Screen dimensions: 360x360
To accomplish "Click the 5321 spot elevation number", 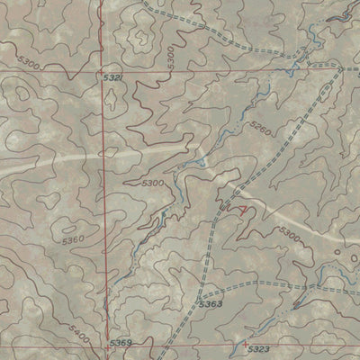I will (x=112, y=81).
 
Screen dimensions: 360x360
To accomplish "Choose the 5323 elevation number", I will (x=258, y=346).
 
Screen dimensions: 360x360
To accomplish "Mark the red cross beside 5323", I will (x=246, y=343).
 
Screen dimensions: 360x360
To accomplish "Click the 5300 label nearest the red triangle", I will (x=288, y=234).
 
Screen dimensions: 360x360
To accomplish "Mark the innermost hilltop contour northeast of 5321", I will (x=139, y=38).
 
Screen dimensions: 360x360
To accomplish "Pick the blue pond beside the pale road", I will (x=205, y=162).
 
